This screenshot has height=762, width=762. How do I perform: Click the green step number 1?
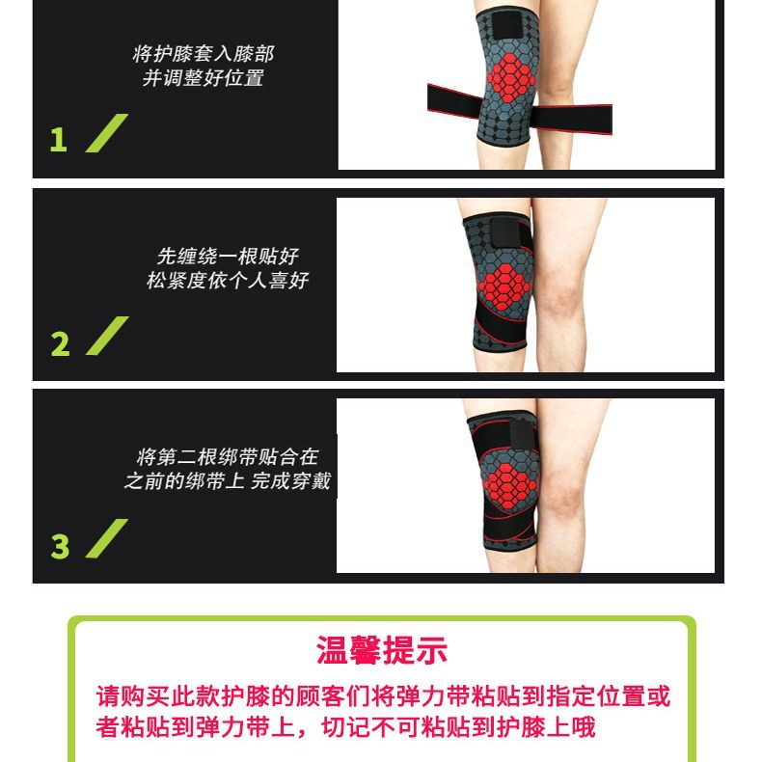tap(59, 140)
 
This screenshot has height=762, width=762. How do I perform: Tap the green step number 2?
tap(60, 343)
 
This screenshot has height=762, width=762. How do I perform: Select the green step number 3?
tap(60, 546)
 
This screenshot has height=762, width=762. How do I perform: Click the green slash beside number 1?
tap(106, 133)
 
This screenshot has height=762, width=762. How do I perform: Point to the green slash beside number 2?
tap(106, 337)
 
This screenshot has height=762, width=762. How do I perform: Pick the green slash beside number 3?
tap(106, 539)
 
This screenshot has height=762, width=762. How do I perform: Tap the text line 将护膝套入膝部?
tap(203, 54)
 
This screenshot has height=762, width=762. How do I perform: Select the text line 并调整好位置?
tap(203, 79)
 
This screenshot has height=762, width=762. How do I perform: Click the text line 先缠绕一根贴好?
tap(228, 257)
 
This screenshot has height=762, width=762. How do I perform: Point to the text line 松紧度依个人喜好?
tap(228, 281)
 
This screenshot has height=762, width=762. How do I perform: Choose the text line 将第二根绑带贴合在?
tap(228, 456)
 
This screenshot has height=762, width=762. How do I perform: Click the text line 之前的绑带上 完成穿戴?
tap(228, 480)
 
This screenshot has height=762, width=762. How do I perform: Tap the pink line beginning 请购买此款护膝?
tap(383, 696)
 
